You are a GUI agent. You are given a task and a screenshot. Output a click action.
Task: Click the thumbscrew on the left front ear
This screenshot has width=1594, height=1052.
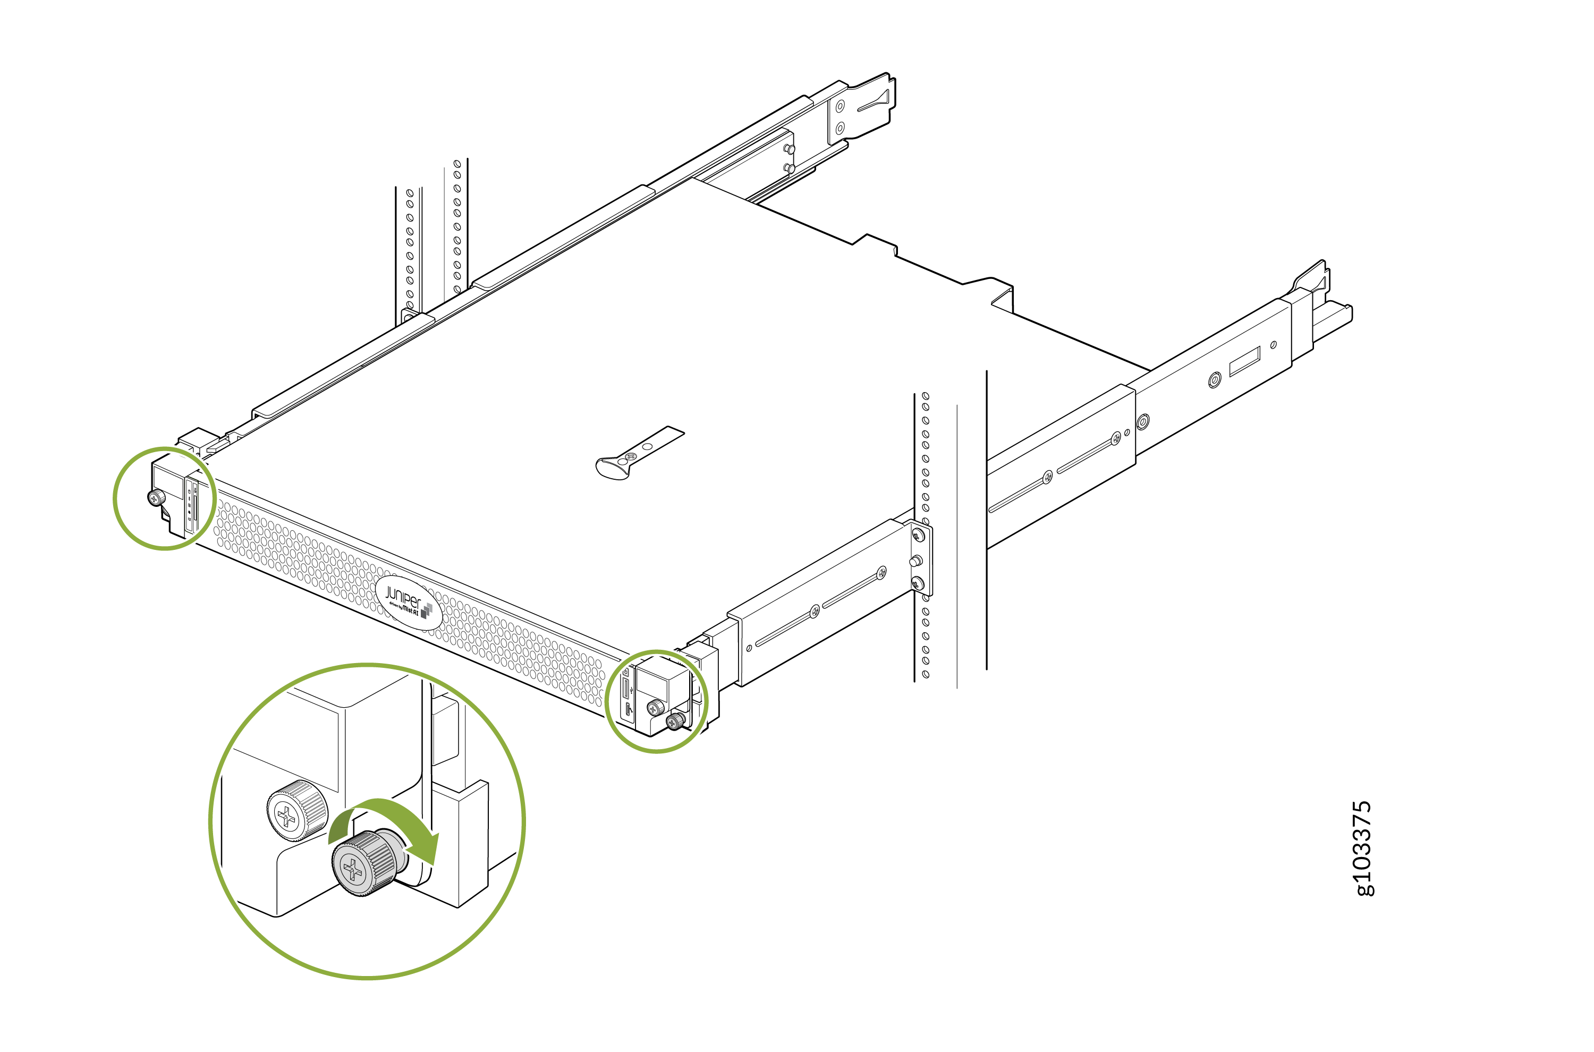click(156, 498)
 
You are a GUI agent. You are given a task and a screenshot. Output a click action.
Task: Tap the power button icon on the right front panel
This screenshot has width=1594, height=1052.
click(626, 672)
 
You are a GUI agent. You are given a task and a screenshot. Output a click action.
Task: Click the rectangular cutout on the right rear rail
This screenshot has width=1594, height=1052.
click(1244, 362)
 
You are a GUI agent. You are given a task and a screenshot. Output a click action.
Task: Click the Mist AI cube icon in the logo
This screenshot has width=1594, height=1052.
click(426, 610)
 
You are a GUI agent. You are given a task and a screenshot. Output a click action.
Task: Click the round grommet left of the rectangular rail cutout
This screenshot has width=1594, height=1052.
click(1214, 381)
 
